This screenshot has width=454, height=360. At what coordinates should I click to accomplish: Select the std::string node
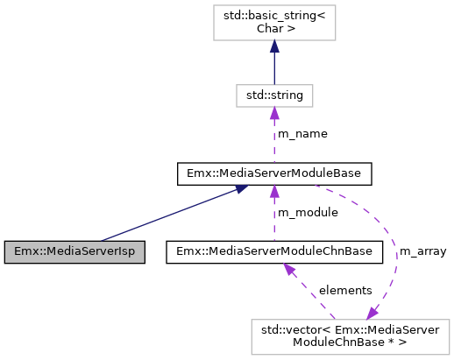(x=273, y=93)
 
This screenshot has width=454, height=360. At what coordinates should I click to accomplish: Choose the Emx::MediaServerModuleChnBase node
(x=273, y=251)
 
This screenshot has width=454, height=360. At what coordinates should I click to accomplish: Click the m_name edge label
(x=301, y=133)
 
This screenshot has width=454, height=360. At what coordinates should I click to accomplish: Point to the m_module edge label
(x=306, y=213)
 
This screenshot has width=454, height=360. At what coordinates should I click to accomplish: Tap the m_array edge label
(x=423, y=252)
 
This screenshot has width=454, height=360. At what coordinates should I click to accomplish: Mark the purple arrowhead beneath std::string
(x=273, y=112)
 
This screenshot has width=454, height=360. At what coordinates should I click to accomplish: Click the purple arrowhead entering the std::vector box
(x=373, y=313)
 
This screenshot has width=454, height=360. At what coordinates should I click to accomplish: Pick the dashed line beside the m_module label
(x=273, y=219)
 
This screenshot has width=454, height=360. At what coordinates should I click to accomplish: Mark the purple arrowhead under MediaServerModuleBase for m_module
(x=273, y=192)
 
